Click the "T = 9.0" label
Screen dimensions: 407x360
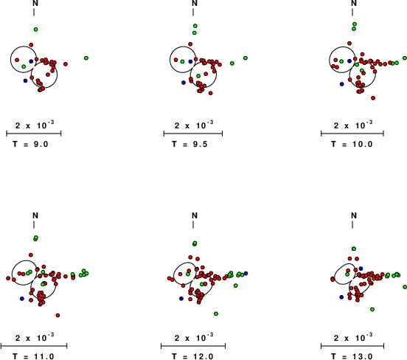tap(31, 144)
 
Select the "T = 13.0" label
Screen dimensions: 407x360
tap(352, 356)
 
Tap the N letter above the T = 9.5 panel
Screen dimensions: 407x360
tap(195, 3)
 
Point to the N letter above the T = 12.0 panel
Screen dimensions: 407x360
tap(195, 215)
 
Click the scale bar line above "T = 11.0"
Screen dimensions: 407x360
tap(34, 346)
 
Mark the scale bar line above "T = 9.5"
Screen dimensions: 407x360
tap(193, 134)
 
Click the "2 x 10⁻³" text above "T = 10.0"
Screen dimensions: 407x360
tap(353, 125)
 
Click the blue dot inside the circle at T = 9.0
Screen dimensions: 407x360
tap(31, 61)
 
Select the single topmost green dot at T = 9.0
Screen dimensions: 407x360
tap(36, 30)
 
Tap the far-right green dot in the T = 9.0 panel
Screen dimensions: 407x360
tap(86, 58)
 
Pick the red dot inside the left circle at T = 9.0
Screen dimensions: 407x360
tap(17, 60)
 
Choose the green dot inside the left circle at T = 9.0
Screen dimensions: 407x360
tap(24, 66)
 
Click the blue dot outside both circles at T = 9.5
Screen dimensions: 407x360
tap(184, 83)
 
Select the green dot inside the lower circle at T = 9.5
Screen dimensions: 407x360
tap(198, 76)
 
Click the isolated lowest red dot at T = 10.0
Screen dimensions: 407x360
tap(373, 98)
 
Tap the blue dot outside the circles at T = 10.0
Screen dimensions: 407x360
tap(341, 84)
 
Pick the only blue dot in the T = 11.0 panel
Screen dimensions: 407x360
tap(22, 299)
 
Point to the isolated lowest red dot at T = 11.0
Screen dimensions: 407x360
tap(58, 315)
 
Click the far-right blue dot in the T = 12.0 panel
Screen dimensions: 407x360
tap(246, 273)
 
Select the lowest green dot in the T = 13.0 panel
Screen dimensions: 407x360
tap(372, 309)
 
